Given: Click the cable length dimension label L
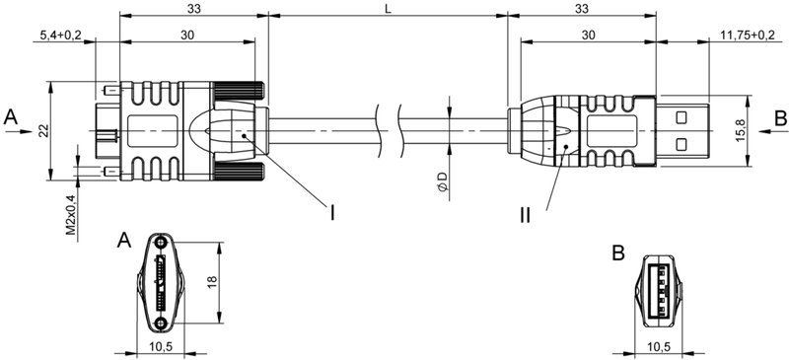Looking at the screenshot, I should pos(388,9).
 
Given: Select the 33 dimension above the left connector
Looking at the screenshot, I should pos(191,9).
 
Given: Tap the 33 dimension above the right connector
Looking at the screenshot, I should pos(583,9).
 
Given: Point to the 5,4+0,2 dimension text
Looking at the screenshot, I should pos(61,36).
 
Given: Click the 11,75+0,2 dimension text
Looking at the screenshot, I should pos(747,36).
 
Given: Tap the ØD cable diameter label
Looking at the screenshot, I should pos(443,184).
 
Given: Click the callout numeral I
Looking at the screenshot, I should pos(332,211).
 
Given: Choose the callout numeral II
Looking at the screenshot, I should pos(526,213).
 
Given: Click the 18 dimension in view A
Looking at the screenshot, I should pos(210,282).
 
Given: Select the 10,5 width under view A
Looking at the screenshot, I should pos(161,346).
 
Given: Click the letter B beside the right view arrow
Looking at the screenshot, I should pos(779,117).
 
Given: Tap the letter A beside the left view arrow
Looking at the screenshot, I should pos(11,117).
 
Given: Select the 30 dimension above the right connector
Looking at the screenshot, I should pos(588,36).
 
